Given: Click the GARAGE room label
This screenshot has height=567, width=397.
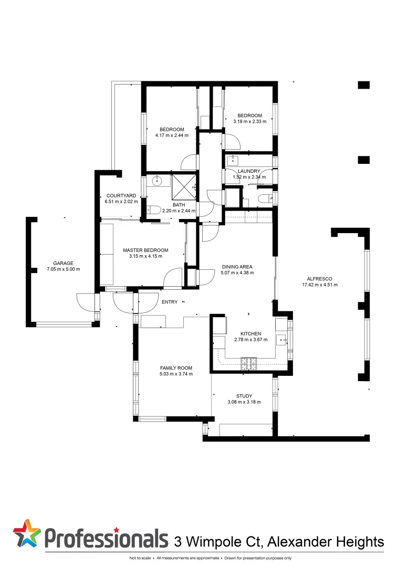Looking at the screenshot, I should (63, 263).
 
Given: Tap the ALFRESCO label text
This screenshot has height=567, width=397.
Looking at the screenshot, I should (320, 278).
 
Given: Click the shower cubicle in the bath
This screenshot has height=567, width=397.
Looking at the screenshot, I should (184, 187).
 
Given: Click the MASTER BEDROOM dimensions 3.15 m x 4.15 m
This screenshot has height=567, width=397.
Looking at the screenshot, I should (145, 256).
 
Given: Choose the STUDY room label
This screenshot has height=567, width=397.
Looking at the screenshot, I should (244, 396).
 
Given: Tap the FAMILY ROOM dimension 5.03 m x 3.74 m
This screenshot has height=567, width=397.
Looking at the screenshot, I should (176, 374).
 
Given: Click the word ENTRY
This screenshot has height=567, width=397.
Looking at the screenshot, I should (170, 302).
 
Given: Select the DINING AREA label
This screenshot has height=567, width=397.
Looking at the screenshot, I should (237, 267).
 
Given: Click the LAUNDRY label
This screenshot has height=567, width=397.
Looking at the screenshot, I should (249, 171).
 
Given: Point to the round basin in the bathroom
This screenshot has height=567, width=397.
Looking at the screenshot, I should (157, 181).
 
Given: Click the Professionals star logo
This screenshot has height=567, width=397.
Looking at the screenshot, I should (27, 533).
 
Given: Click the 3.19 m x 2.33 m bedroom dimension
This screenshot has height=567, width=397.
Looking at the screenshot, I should (249, 121).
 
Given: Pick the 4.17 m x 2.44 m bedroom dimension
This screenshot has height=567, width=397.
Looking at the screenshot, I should (172, 135).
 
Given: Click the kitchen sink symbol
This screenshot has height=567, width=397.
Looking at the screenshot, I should (281, 340).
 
